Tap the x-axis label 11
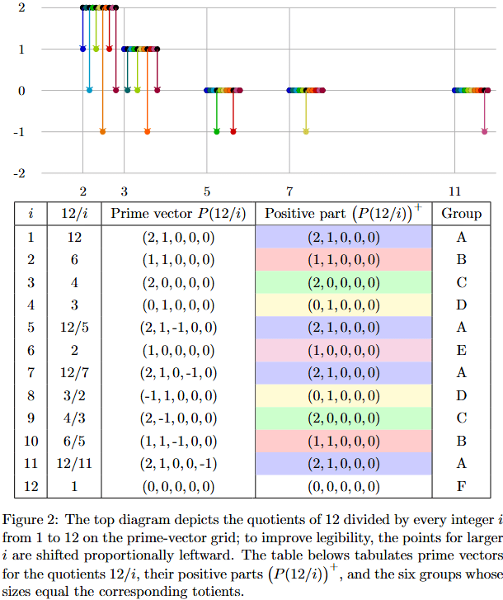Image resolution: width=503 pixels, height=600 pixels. [x=454, y=191]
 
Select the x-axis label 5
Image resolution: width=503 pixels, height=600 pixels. [x=207, y=191]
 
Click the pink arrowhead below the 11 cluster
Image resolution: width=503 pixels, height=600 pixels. [x=484, y=131]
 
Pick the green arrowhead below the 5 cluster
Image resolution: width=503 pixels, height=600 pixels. [x=217, y=131]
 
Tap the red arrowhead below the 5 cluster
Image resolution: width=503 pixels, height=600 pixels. [x=233, y=131]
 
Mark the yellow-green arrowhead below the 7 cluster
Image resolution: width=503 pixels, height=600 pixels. [x=306, y=131]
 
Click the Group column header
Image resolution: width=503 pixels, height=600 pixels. [x=461, y=213]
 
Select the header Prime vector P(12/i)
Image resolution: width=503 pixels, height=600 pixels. [x=178, y=213]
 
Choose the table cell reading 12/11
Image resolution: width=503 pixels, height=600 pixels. [x=75, y=463]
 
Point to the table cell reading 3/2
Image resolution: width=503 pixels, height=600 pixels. [x=75, y=396]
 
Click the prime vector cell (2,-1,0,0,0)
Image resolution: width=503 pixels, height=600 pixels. [x=178, y=418]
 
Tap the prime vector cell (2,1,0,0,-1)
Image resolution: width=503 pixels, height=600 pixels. [x=178, y=463]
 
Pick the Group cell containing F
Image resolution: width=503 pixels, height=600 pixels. [x=461, y=485]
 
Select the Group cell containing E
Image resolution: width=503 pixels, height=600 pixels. [x=461, y=351]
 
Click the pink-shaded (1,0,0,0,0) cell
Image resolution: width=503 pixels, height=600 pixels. [x=343, y=351]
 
